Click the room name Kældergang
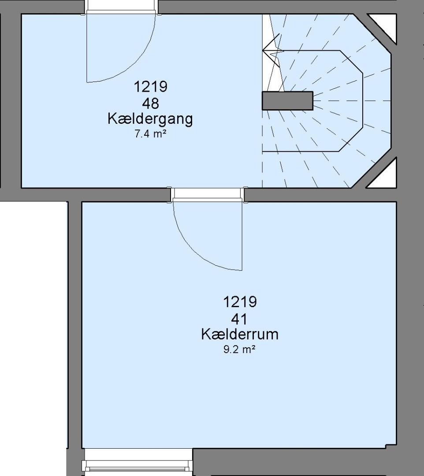tap(150, 119)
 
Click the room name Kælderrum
tap(240, 334)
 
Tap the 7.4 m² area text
tap(151, 134)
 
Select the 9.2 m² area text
tap(239, 350)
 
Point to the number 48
tap(151, 104)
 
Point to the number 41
tap(239, 320)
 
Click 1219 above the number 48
tap(151, 86)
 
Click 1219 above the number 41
tap(240, 302)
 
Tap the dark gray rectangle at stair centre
tap(287, 100)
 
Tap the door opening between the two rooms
tap(208, 195)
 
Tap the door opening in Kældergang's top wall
tap(121, 7)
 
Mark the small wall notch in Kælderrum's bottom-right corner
tap(391, 446)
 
